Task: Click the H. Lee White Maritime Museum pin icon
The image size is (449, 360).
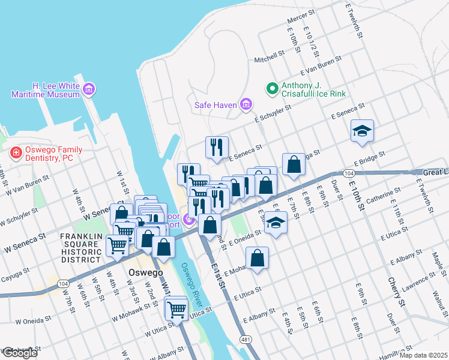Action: [x=89, y=89]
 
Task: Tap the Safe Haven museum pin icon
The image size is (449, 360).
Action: [x=246, y=105]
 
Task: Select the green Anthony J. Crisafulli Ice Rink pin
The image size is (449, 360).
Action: [x=271, y=89]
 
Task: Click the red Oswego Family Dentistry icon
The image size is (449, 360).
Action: [x=16, y=154]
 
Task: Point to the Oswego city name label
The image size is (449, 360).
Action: [x=146, y=272]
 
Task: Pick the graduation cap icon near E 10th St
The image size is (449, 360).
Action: [x=363, y=131]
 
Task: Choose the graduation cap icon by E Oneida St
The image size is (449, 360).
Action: [x=276, y=223]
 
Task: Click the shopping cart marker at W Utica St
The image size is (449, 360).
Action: [x=176, y=310]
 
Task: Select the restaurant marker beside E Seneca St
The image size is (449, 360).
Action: [x=217, y=146]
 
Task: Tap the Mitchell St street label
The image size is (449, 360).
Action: [x=269, y=57]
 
